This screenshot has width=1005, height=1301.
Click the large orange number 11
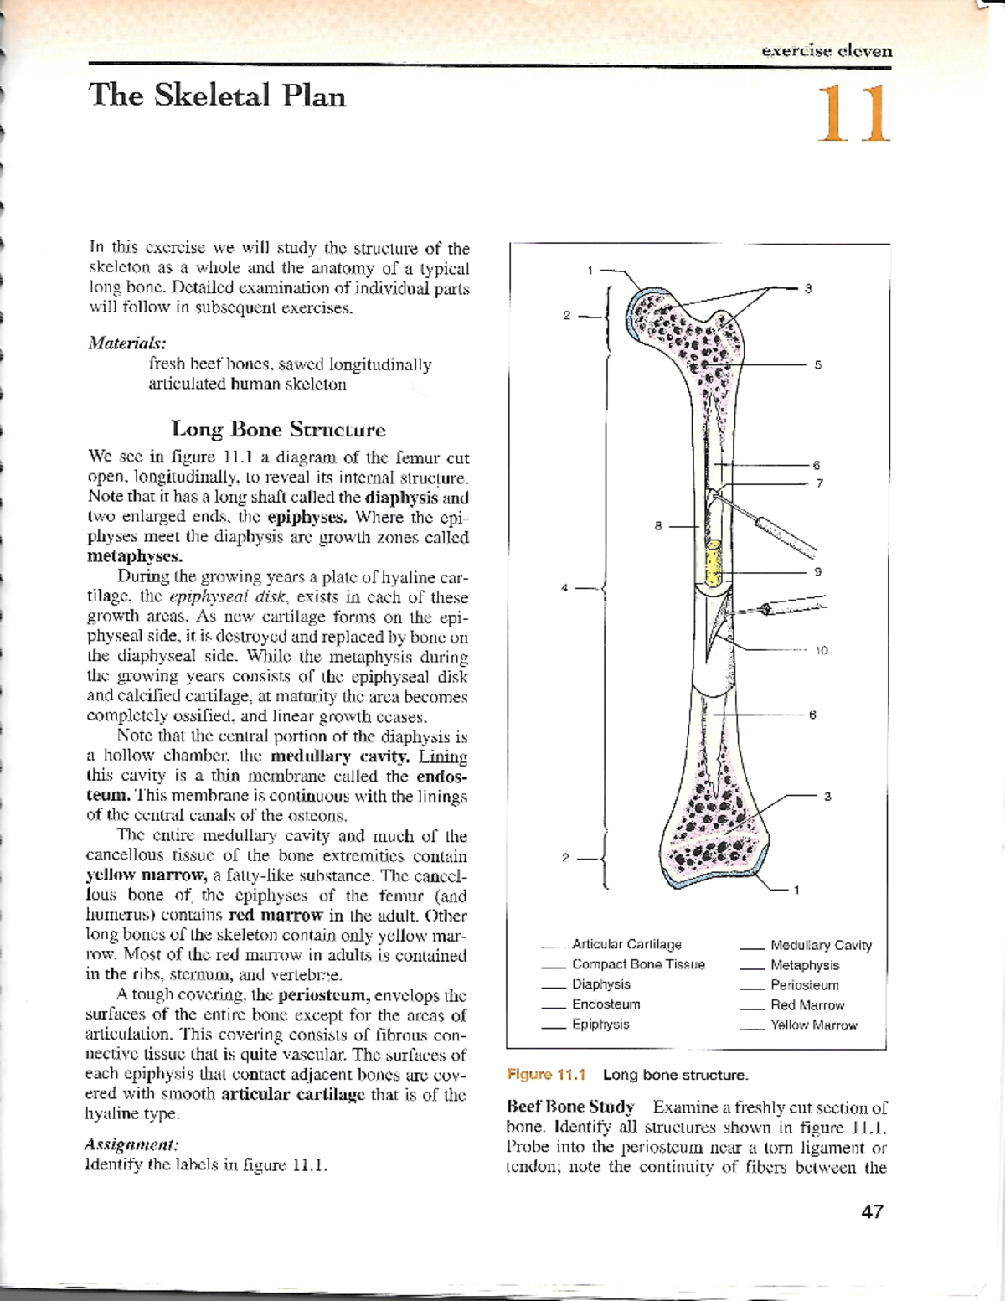[852, 114]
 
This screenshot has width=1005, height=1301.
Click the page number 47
[872, 1211]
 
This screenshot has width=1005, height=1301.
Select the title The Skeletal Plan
[217, 96]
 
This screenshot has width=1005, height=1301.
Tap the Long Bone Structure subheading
[278, 430]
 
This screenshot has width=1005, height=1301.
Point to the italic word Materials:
[127, 343]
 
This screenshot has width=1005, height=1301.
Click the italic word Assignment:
[131, 1144]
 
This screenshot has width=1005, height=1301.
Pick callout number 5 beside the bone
[818, 365]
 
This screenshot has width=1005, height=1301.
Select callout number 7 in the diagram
[819, 483]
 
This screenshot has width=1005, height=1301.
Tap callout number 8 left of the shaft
[658, 526]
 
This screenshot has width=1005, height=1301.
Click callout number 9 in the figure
[818, 571]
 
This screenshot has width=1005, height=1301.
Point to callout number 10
[822, 650]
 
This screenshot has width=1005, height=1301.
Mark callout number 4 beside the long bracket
[564, 588]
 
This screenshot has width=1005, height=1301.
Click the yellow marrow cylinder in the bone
[713, 564]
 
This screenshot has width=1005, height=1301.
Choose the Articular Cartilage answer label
[626, 944]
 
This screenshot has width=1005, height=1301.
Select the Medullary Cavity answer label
[821, 945]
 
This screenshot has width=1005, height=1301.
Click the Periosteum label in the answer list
[804, 985]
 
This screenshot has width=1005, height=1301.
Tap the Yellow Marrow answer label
[813, 1025]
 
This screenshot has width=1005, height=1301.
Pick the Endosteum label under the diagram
[606, 1004]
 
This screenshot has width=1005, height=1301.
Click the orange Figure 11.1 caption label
[546, 1075]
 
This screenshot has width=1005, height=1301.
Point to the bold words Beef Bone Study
[570, 1107]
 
